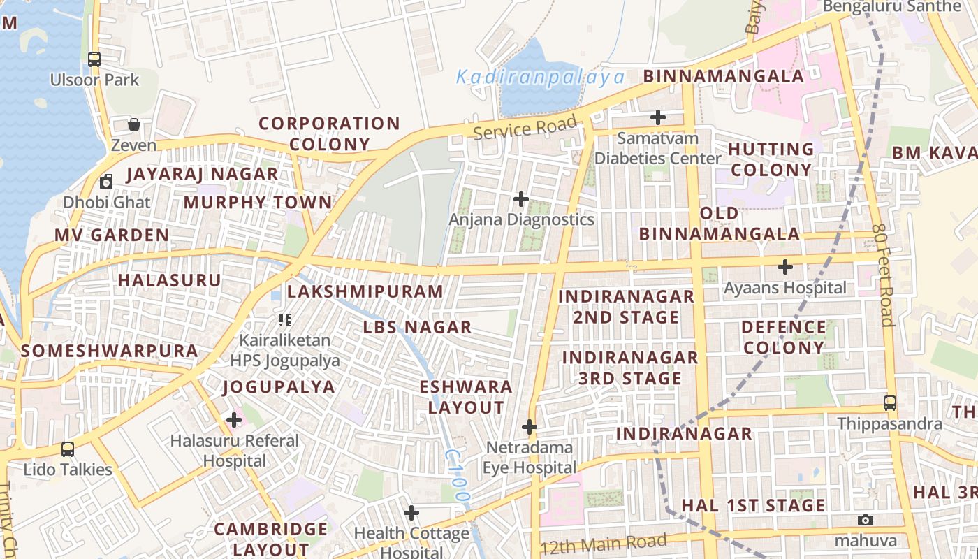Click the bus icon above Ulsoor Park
coord(94,59)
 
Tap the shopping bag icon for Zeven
coord(133,124)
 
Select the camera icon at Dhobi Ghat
coord(106,182)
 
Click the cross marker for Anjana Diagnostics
coord(520,199)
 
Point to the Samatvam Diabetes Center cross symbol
coord(657,117)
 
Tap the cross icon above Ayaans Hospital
coord(785,267)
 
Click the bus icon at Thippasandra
coord(889,403)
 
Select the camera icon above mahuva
coord(866,520)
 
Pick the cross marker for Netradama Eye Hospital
coord(530,427)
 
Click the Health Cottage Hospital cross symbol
coord(411,514)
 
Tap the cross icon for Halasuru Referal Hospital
coord(234,420)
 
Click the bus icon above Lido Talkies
coord(68,449)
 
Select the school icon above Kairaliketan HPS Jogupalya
coord(284,320)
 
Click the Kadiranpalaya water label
coord(539,77)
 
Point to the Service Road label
coord(525,128)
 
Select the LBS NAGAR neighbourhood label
coord(417,327)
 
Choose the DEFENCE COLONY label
coord(783,337)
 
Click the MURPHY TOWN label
coord(258,203)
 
